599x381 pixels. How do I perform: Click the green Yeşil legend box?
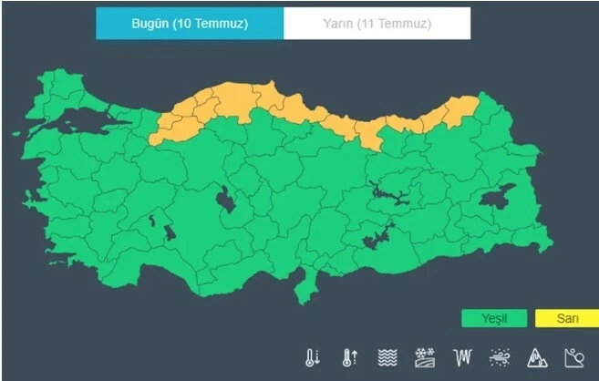495,318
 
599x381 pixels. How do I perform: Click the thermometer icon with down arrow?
313,358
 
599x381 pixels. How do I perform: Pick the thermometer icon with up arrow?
349,358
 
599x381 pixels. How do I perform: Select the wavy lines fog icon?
387,358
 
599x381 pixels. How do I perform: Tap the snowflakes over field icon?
424,358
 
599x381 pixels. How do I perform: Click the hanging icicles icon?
461,358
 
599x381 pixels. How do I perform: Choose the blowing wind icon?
499,358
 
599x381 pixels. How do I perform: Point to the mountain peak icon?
536,358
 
